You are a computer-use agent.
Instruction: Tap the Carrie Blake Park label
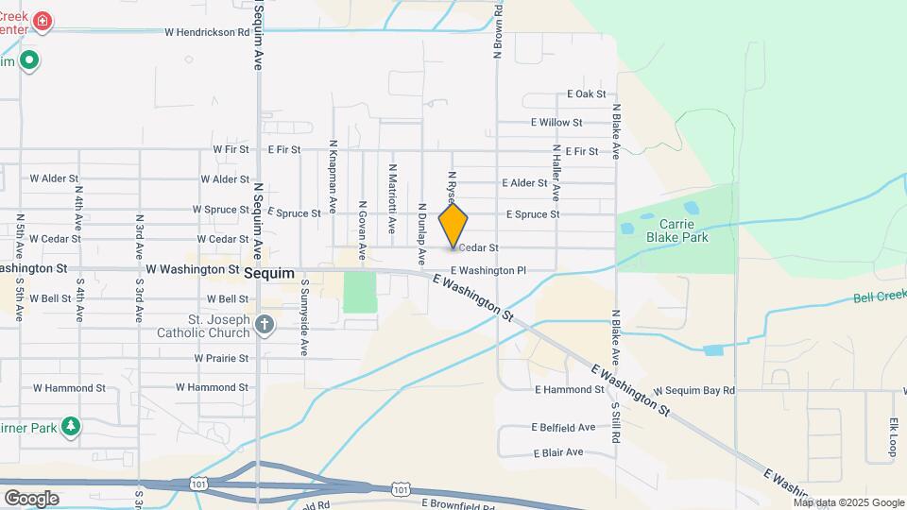click(x=676, y=230)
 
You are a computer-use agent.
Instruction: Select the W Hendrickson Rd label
click(x=206, y=32)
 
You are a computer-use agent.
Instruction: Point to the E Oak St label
click(x=586, y=94)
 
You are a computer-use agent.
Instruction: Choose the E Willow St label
click(x=556, y=123)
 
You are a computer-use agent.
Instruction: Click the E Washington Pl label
click(x=488, y=271)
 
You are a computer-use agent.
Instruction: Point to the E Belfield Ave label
click(x=563, y=427)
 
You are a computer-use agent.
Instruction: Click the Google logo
click(x=31, y=498)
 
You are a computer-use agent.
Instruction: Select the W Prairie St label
click(x=221, y=359)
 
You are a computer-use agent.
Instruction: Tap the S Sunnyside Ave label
click(x=304, y=316)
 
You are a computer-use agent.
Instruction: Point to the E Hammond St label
click(x=569, y=389)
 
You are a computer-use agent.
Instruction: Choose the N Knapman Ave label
click(x=333, y=176)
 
